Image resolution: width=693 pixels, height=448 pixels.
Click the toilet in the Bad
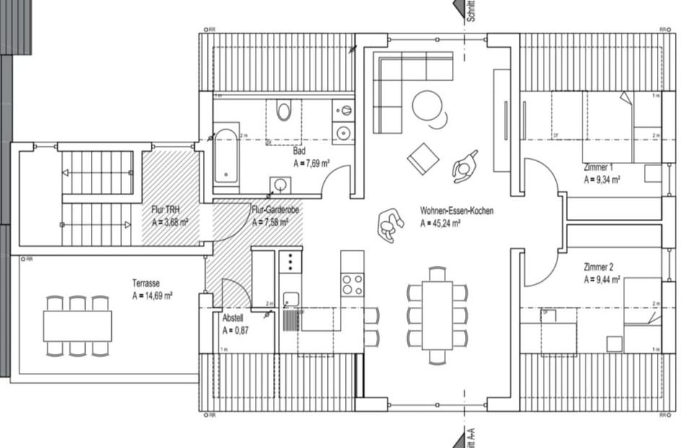(x=284, y=111)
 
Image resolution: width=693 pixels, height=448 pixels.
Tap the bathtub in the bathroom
(x=226, y=156)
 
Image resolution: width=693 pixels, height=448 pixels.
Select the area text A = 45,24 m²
(x=440, y=223)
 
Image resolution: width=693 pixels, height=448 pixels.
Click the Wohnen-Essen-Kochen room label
(x=457, y=211)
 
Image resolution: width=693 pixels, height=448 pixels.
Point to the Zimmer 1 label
(x=598, y=168)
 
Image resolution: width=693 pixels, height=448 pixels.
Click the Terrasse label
(x=147, y=283)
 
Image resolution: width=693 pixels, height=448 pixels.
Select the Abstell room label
(x=233, y=318)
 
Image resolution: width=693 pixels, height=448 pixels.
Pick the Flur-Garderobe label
(x=275, y=210)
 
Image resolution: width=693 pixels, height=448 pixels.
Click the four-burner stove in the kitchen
(x=352, y=284)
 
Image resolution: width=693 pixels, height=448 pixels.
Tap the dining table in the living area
(x=437, y=314)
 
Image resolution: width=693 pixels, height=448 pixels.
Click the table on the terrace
(x=77, y=326)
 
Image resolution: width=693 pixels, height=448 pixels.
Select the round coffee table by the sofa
(x=427, y=105)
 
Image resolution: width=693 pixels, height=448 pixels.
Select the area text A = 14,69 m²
(x=152, y=296)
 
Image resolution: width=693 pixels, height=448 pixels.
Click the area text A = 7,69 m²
(x=311, y=164)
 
